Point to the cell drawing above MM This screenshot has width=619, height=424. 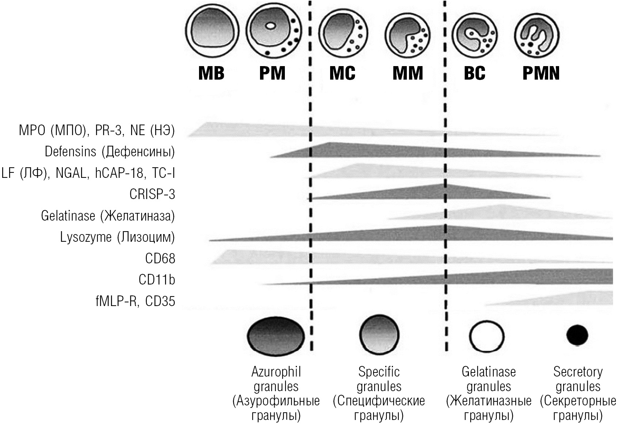tap(408, 36)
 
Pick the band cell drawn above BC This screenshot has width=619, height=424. tap(475, 36)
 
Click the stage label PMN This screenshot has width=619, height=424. tap(541, 73)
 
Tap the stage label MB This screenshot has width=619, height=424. tap(211, 73)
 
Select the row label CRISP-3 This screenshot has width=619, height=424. tap(152, 194)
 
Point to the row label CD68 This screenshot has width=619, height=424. tap(160, 259)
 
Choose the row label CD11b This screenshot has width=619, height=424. tap(157, 280)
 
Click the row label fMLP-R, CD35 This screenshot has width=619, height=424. tap(135, 301)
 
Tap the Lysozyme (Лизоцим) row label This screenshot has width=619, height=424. tap(118, 237)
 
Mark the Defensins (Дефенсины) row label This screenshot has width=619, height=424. tap(110, 152)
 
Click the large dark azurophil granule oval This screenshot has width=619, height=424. tap(276, 335)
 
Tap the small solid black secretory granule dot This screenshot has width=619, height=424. tap(577, 335)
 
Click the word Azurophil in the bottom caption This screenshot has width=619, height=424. tap(276, 372)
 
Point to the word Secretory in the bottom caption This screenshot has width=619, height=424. tap(578, 372)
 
